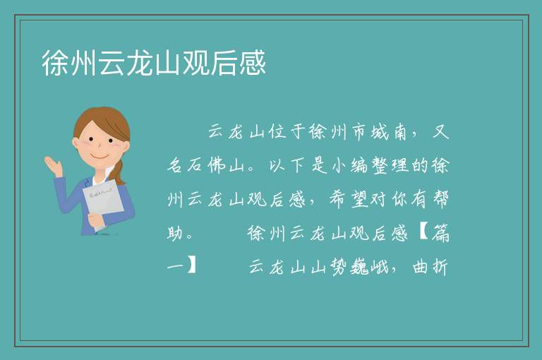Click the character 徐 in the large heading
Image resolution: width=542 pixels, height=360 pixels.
[55, 63]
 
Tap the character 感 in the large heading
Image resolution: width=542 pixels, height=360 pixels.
[253, 63]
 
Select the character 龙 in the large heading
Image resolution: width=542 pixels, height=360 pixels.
[140, 63]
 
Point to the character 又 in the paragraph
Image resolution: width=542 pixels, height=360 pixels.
[440, 132]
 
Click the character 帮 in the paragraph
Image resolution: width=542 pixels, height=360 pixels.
[440, 199]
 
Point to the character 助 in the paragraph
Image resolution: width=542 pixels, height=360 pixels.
[175, 233]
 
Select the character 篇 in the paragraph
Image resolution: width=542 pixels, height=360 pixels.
[440, 233]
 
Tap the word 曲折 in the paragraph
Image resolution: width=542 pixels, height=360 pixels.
[430, 267]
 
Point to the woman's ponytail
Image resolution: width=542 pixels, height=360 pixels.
[119, 173]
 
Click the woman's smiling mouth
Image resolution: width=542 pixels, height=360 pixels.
[100, 157]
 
